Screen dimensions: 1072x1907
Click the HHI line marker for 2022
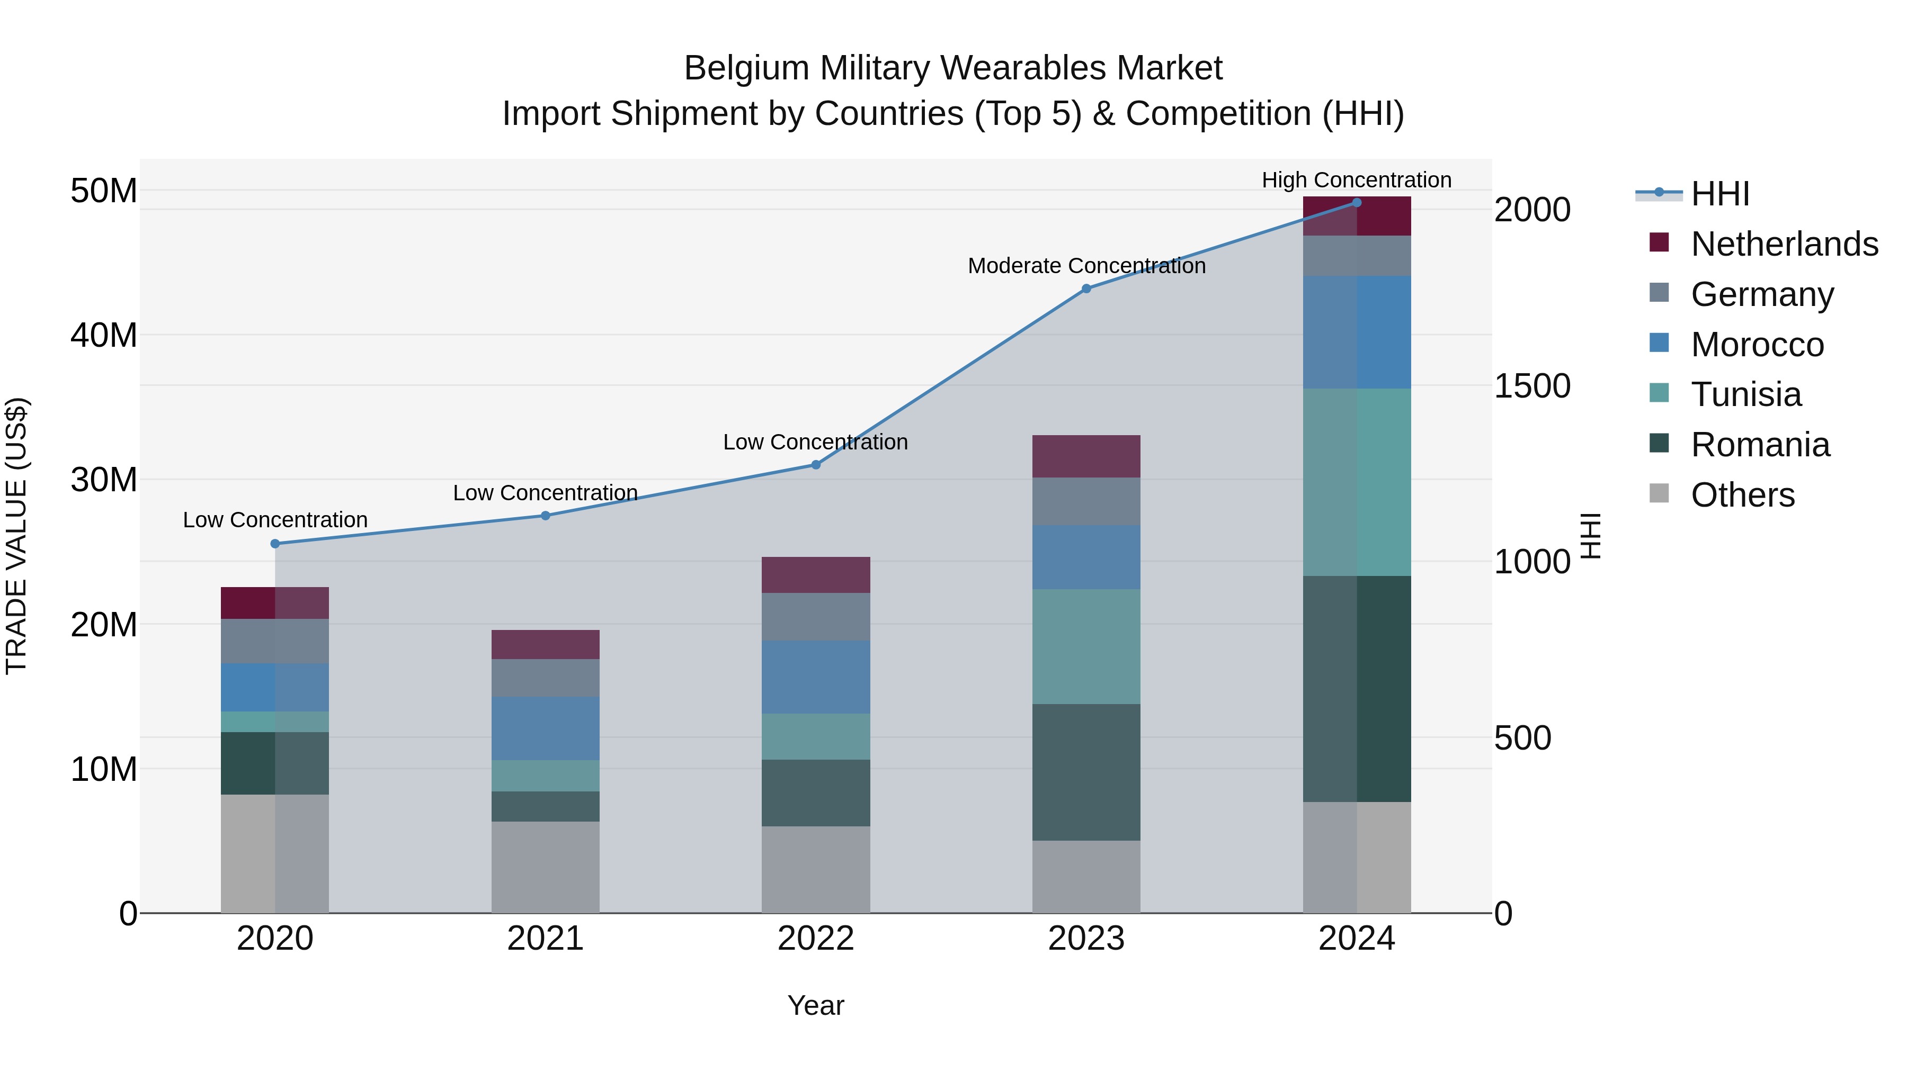pyautogui.click(x=816, y=465)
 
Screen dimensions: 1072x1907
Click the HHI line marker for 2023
pyautogui.click(x=1086, y=289)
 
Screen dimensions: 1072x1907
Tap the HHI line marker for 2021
pyautogui.click(x=546, y=516)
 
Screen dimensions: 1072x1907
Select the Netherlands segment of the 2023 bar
pyautogui.click(x=1086, y=456)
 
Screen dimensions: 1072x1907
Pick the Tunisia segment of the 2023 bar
pyautogui.click(x=1086, y=646)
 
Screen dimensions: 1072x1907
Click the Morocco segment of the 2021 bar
pyautogui.click(x=546, y=728)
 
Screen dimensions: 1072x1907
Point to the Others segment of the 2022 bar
pyautogui.click(x=816, y=869)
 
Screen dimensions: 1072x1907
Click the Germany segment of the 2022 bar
pyautogui.click(x=816, y=617)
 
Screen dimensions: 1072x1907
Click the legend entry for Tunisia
pyautogui.click(x=1745, y=394)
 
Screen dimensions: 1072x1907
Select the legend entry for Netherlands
pyautogui.click(x=1784, y=244)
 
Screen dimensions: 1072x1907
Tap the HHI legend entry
pyautogui.click(x=1719, y=194)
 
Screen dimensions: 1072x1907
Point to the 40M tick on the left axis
pyautogui.click(x=104, y=335)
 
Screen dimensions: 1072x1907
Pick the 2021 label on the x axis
pyautogui.click(x=546, y=939)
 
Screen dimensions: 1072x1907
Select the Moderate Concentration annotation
pyautogui.click(x=1086, y=266)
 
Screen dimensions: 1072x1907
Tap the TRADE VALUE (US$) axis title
pyautogui.click(x=16, y=536)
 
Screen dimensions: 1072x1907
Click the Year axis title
pyautogui.click(x=816, y=1005)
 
